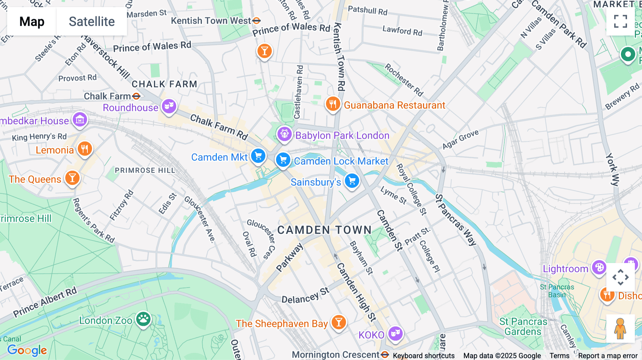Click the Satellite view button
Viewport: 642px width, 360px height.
click(92, 21)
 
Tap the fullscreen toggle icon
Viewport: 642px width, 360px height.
click(620, 21)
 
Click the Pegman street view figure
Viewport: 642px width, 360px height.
click(620, 328)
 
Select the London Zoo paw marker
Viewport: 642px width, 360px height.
click(143, 319)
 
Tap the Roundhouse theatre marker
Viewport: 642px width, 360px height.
click(169, 106)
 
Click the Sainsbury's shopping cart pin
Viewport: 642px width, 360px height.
click(352, 181)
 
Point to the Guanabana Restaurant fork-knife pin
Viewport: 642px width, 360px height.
click(333, 104)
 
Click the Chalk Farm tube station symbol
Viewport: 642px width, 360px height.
click(136, 96)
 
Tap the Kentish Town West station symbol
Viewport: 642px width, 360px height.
click(256, 21)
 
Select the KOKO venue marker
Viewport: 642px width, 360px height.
click(395, 334)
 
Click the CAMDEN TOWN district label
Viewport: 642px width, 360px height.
click(324, 230)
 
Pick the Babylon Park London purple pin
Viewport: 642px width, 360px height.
click(285, 134)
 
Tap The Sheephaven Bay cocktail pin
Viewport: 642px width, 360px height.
click(338, 322)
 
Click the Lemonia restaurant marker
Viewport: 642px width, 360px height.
click(85, 149)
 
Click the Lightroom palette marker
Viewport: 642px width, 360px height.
click(599, 267)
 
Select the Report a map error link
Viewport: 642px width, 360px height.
click(608, 356)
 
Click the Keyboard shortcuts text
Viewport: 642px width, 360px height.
click(423, 356)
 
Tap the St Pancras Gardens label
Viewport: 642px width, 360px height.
click(523, 326)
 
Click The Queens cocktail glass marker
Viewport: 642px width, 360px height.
click(72, 178)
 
